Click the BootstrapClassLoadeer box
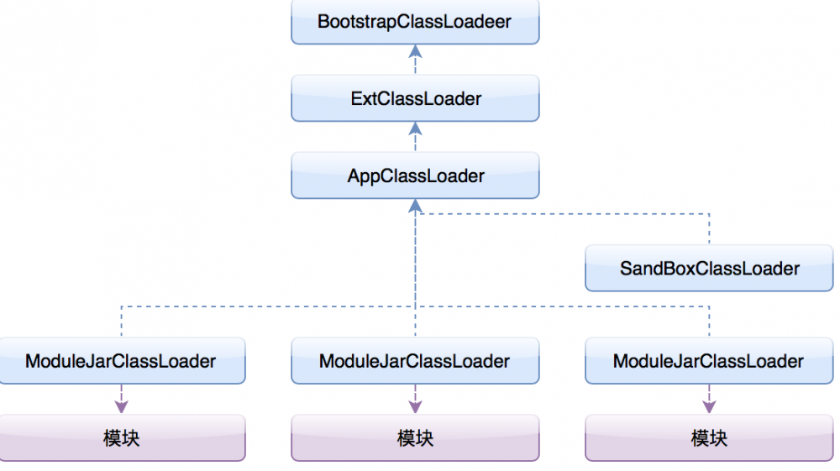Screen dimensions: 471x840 [414, 23]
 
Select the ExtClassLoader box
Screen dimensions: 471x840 [414, 99]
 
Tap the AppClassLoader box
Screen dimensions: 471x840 [414, 176]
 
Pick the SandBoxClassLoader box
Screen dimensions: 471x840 [710, 269]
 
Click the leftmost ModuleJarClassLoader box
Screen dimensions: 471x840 [121, 362]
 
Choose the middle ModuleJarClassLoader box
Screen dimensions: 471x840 [414, 362]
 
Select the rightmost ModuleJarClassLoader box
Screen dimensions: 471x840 [710, 362]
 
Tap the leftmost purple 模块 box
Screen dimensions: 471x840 [121, 438]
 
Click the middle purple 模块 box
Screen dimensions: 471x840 [414, 438]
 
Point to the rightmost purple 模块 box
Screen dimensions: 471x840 [710, 438]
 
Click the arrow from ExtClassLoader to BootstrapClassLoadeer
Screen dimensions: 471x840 [414, 60]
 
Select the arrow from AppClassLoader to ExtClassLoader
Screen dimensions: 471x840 [414, 137]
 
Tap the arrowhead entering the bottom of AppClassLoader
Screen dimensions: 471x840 [414, 206]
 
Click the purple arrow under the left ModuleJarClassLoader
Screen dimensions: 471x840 [121, 400]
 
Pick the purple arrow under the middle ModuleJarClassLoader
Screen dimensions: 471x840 [414, 400]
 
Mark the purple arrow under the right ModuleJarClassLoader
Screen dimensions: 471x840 [710, 400]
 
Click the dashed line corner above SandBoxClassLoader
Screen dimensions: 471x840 [710, 214]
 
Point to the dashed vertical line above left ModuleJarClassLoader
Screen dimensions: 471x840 [121, 322]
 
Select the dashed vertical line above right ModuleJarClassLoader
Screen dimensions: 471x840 [710, 322]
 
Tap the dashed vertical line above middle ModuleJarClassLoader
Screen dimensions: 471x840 [414, 323]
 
